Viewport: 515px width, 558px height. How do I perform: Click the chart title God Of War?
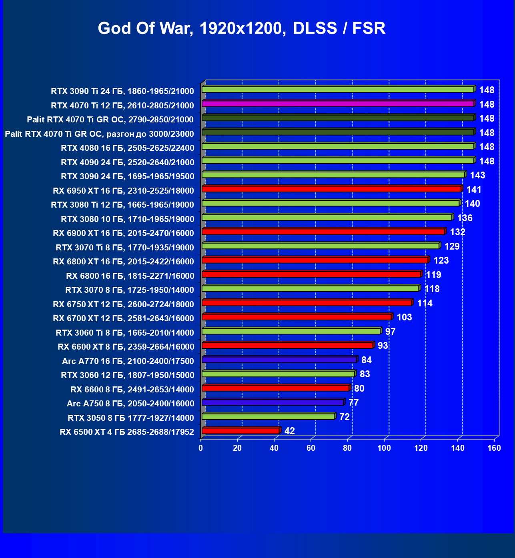[x=241, y=28]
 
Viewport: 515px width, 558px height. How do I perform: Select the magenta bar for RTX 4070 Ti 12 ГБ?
[x=338, y=104]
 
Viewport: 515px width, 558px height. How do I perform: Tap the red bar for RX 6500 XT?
[x=240, y=431]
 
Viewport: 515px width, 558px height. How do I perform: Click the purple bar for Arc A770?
[x=279, y=360]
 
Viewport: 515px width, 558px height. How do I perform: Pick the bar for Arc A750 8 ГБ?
[x=273, y=402]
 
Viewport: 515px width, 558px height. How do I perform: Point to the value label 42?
[x=290, y=431]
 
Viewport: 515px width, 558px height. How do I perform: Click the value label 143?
[x=477, y=175]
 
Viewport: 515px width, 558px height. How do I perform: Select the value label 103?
[x=404, y=317]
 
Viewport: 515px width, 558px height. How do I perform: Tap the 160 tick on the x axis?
[x=494, y=448]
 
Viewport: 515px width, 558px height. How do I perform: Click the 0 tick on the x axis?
[x=201, y=448]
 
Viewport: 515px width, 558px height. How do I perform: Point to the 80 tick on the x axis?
[x=348, y=448]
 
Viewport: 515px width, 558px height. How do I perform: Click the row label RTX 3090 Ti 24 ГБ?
[x=122, y=91]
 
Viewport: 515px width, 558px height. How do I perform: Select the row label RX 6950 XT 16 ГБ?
[x=123, y=191]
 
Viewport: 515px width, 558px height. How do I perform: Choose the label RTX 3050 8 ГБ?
[x=131, y=418]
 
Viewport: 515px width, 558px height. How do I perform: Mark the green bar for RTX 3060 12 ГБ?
[x=278, y=374]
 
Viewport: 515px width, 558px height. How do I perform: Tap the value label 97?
[x=390, y=332]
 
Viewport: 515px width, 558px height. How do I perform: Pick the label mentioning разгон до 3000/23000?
[x=99, y=134]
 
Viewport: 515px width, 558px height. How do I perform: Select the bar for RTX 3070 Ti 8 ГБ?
[x=321, y=246]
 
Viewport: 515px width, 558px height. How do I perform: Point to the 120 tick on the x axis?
[x=421, y=448]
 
